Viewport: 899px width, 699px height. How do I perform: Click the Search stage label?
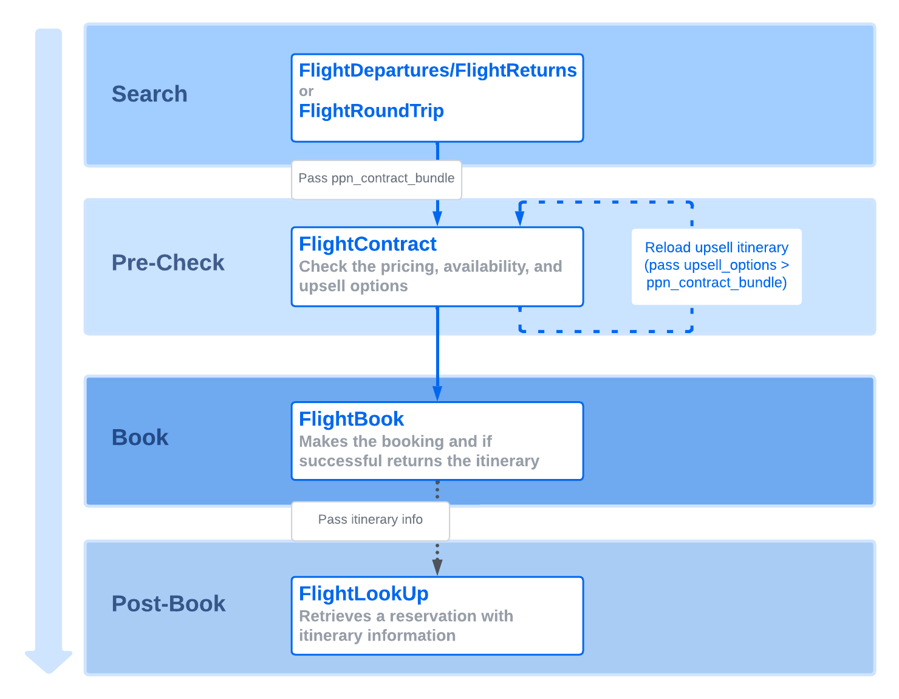[149, 94]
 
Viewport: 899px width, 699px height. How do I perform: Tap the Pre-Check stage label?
[168, 263]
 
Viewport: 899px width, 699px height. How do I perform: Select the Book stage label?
[140, 438]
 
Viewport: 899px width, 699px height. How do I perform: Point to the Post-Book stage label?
[168, 604]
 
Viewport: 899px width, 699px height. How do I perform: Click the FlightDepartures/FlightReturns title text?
[437, 71]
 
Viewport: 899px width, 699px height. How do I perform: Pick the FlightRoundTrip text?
[371, 111]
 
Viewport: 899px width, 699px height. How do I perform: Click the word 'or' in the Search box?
[306, 91]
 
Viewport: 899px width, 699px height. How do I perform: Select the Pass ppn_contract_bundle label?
[376, 179]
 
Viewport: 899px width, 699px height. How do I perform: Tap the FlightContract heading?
[367, 244]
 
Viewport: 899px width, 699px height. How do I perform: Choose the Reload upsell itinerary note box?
[716, 266]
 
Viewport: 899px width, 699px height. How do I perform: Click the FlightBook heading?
[351, 419]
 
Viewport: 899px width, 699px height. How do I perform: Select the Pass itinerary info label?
[370, 520]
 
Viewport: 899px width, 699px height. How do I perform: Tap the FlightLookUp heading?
[363, 594]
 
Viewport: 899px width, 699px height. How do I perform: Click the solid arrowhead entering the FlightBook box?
[437, 393]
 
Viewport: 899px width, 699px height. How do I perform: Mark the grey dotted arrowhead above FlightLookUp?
[437, 566]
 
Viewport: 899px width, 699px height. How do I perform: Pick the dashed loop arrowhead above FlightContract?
[520, 218]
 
